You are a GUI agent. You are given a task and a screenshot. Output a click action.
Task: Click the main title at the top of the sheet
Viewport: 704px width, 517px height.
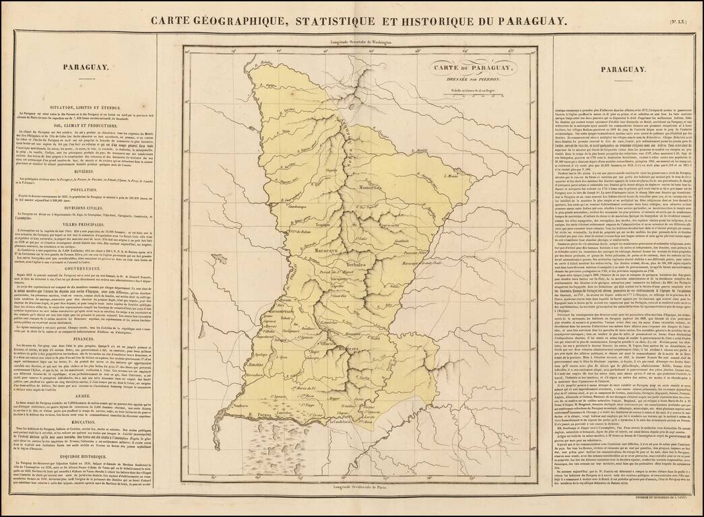click(x=358, y=20)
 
